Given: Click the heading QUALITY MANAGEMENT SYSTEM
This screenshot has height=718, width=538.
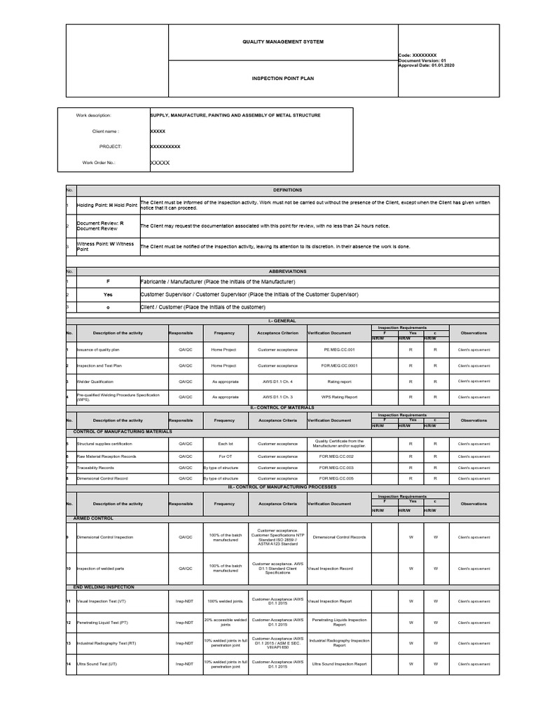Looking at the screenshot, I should click(x=283, y=42).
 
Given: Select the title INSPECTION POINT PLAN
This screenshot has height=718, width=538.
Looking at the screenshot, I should click(x=283, y=79).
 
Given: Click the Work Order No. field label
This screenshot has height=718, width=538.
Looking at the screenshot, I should click(x=99, y=163).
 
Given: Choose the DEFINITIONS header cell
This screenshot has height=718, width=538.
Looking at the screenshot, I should click(x=288, y=190).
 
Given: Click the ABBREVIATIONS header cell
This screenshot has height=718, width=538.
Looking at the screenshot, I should click(x=288, y=271).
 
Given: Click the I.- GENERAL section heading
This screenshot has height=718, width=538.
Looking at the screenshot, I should click(x=288, y=320).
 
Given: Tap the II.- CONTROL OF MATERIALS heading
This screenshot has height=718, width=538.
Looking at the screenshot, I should click(x=288, y=407).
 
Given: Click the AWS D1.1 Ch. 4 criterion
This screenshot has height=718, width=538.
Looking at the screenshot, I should click(x=277, y=381).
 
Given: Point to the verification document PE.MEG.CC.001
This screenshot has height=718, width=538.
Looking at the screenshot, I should click(x=339, y=349).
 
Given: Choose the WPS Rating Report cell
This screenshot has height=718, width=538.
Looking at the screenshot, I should click(x=339, y=397).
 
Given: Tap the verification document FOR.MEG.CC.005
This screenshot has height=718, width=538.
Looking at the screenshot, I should click(x=339, y=478).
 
